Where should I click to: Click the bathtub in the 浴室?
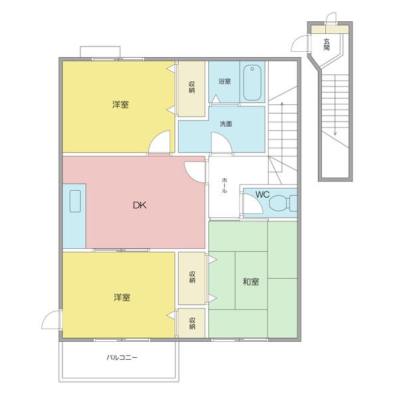[252, 82]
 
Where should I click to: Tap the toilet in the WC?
[283, 203]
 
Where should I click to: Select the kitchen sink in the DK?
[75, 201]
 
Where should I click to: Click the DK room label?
[140, 205]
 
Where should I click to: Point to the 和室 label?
[251, 282]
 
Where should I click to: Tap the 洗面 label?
[225, 124]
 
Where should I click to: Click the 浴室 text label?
[225, 81]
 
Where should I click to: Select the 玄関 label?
[327, 45]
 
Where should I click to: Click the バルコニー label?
[122, 358]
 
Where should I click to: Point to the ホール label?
[224, 186]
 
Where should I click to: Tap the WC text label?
[263, 194]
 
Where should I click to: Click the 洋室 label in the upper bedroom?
[120, 104]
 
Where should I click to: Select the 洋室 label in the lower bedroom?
[122, 297]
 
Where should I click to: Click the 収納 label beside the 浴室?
[192, 87]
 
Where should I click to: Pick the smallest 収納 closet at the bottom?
[192, 323]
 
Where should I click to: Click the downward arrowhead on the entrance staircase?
[335, 133]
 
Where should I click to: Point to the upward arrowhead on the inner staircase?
[282, 104]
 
